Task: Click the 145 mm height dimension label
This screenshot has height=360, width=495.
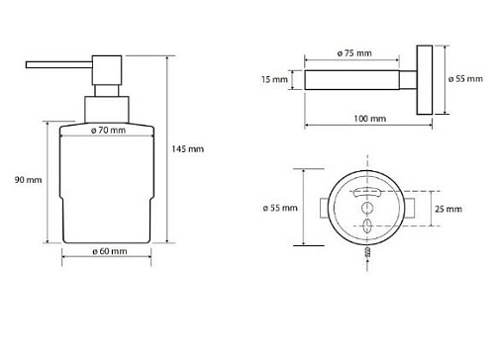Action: [187, 149]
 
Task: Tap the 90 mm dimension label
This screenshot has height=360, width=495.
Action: [28, 180]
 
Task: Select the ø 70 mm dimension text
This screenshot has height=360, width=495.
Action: [108, 131]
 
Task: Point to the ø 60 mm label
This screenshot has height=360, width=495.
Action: [110, 251]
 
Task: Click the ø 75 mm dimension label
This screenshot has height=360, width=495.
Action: [354, 53]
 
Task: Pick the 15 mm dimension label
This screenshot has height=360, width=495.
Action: [274, 79]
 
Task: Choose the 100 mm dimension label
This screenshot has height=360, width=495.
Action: [369, 119]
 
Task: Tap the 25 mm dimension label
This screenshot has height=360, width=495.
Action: [448, 209]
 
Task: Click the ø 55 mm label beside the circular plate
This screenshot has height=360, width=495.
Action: [280, 208]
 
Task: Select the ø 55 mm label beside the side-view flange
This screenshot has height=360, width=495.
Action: [465, 79]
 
